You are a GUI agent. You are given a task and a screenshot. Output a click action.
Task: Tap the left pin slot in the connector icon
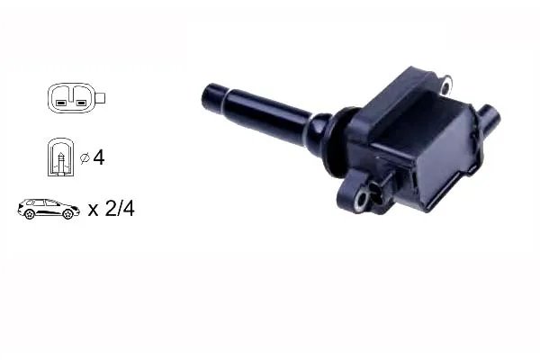click(x=60, y=103)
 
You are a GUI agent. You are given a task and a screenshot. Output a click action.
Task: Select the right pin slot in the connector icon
click(x=81, y=103)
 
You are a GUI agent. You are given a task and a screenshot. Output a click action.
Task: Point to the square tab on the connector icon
click(x=100, y=98)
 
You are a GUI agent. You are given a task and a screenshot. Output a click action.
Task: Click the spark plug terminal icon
click(x=60, y=157)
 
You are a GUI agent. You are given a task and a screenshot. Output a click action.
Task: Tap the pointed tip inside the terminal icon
click(x=61, y=154)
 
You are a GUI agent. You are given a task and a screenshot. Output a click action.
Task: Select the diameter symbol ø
click(x=85, y=158)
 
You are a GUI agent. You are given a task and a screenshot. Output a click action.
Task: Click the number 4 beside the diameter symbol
click(x=99, y=157)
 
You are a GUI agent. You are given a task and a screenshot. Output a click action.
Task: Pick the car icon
click(x=49, y=209)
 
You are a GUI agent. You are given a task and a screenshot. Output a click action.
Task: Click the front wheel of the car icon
click(x=67, y=214)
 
